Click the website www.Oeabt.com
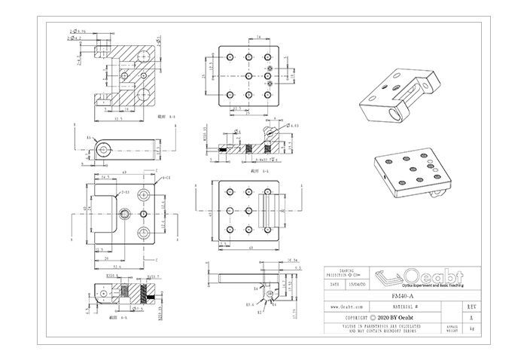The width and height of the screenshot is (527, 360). pyautogui.click(x=348, y=308)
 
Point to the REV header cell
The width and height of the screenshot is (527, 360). pyautogui.click(x=471, y=308)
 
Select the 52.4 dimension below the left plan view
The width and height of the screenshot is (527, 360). pyautogui.click(x=119, y=267)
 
